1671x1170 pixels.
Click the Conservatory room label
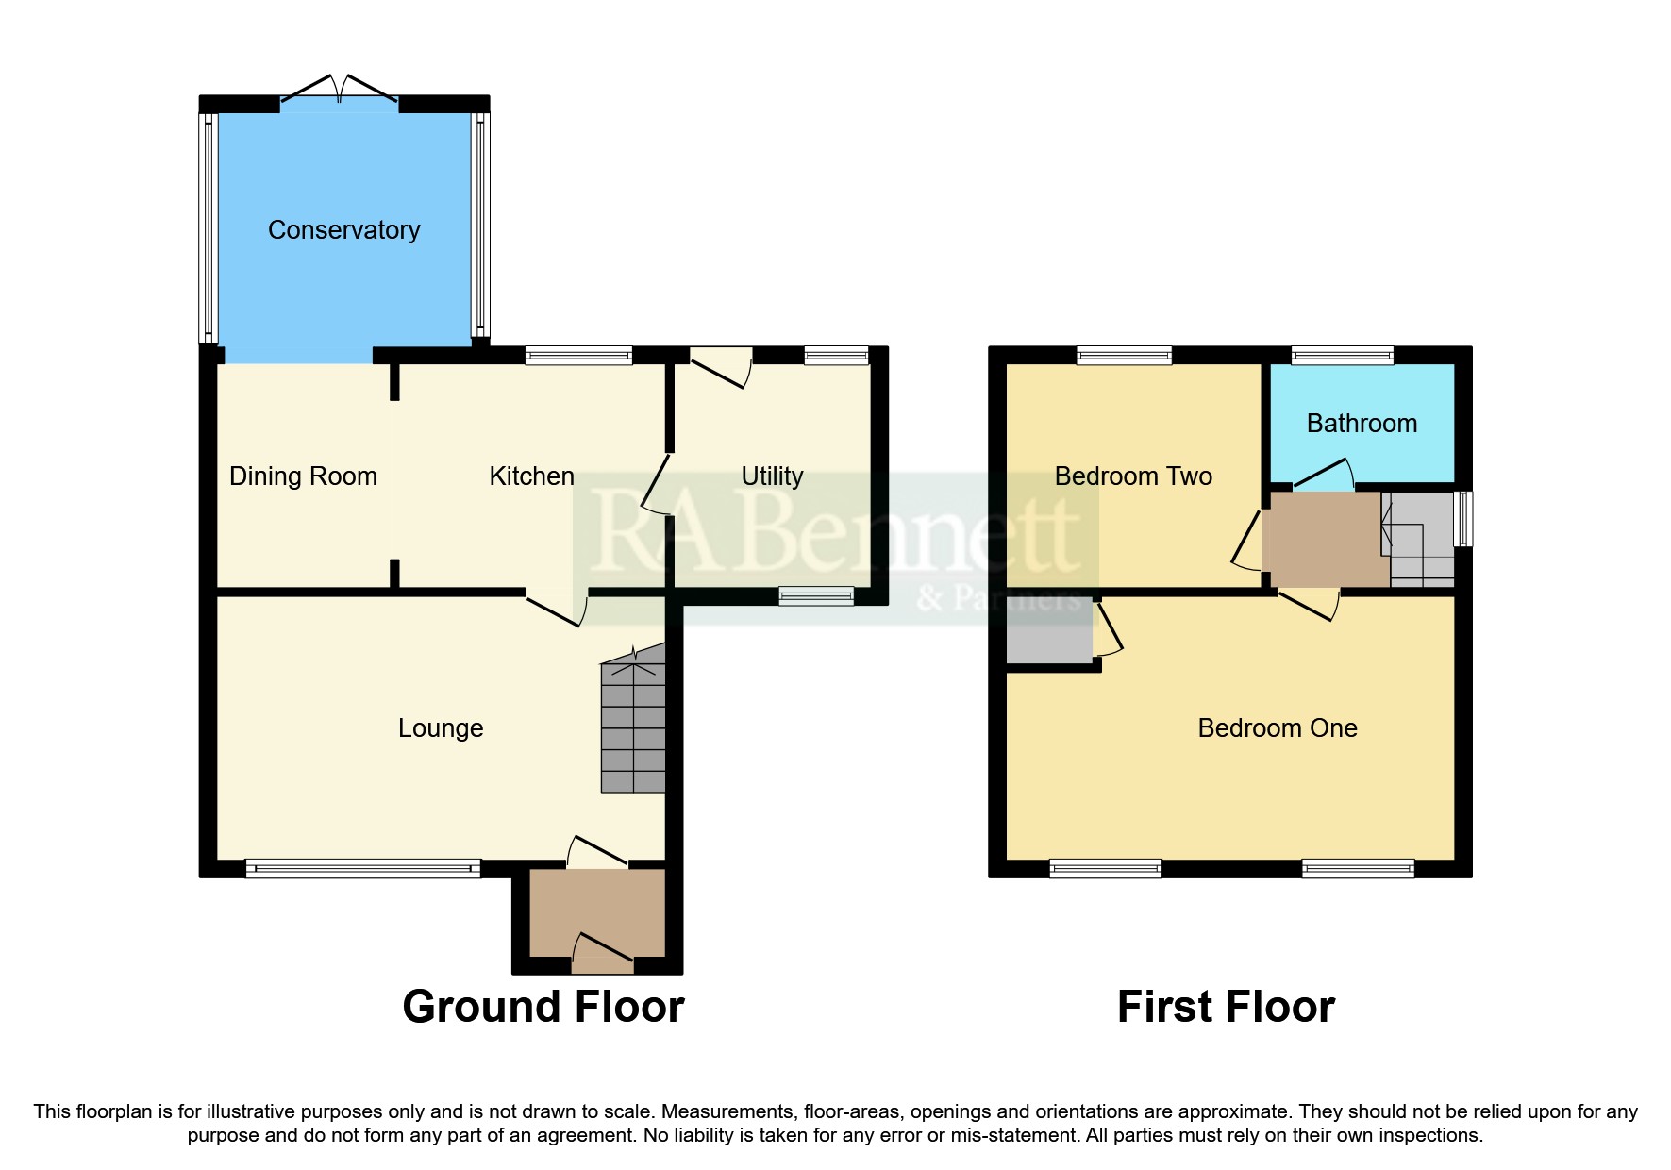tap(343, 230)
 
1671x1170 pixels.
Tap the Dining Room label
tap(303, 476)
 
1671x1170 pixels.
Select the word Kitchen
tap(531, 476)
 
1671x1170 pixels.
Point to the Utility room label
tap(772, 476)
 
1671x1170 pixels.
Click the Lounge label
tap(441, 728)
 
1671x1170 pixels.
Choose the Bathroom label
tap(1362, 424)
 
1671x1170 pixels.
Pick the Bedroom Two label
tap(1133, 476)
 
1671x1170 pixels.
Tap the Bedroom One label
tap(1277, 728)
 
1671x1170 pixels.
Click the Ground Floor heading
tap(543, 1007)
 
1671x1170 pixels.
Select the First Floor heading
tap(1226, 1007)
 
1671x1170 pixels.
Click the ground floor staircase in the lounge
tap(633, 727)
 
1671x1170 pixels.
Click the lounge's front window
tap(363, 869)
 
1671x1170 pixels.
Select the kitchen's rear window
tap(578, 356)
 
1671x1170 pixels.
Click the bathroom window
tap(1342, 356)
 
